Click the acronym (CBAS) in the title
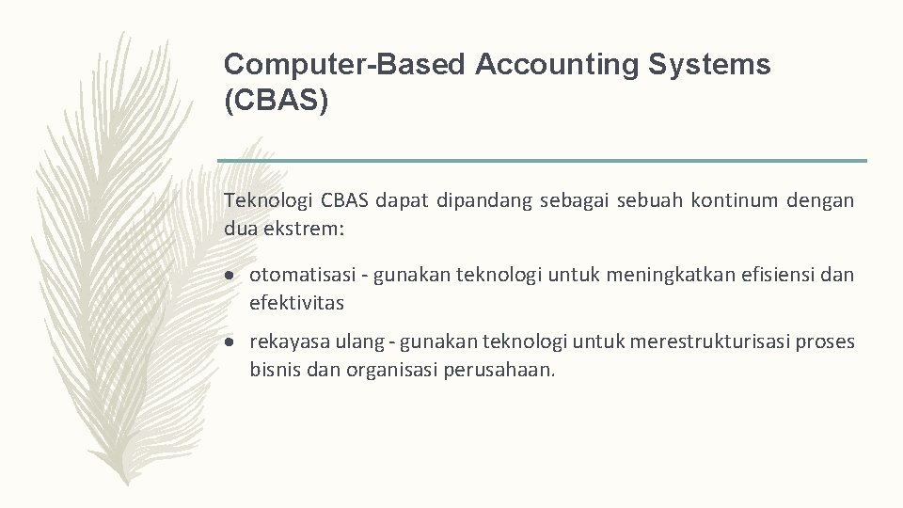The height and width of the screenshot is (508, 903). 277,102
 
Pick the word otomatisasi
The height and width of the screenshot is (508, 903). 303,275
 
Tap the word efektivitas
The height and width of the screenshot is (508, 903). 297,303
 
